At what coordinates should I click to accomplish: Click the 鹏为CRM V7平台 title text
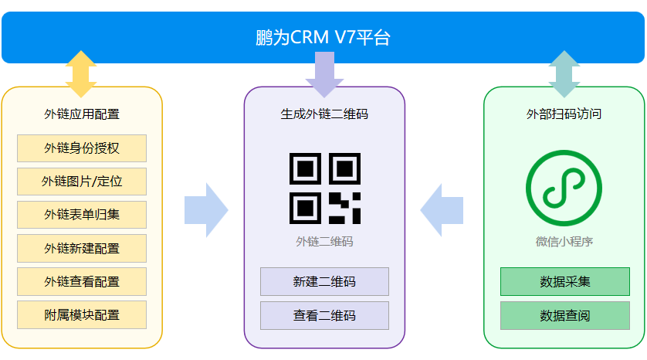(x=323, y=37)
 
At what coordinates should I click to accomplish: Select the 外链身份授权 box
(x=82, y=148)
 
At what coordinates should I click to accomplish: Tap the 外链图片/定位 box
(x=82, y=182)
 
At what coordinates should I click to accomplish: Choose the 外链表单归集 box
(x=82, y=215)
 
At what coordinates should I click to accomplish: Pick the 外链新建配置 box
(x=82, y=248)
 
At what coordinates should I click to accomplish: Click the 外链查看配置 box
(x=82, y=281)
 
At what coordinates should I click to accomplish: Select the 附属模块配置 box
(x=82, y=314)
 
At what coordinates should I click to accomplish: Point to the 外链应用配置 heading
(x=82, y=114)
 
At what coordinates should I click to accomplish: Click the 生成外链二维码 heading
(x=324, y=114)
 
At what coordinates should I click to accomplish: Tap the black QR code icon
(x=324, y=188)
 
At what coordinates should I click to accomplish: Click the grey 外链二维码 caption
(x=324, y=242)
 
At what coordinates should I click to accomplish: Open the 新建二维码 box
(x=324, y=281)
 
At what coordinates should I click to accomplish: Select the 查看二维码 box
(x=324, y=315)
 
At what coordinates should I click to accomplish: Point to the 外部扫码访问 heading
(x=564, y=114)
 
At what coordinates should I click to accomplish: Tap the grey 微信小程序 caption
(x=564, y=242)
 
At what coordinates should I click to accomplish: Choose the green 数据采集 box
(x=564, y=281)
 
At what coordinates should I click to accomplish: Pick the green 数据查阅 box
(x=564, y=315)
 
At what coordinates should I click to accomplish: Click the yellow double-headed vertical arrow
(x=81, y=74)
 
